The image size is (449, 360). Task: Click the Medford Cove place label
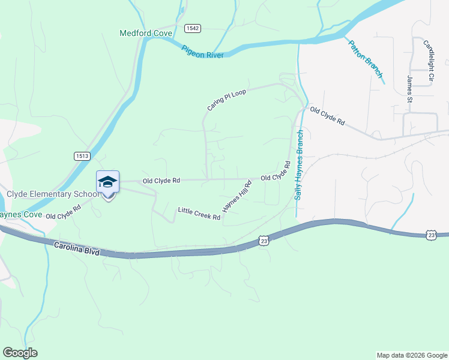coord(146,33)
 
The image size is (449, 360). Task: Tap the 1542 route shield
coord(193,28)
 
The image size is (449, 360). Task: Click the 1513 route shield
coord(82,156)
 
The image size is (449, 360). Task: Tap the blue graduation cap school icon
coord(108,182)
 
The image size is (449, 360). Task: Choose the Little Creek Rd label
coord(199,214)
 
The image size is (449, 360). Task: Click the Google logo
coord(20,353)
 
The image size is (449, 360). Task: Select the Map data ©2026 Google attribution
coord(412,355)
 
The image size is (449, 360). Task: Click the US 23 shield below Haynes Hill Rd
coord(264,241)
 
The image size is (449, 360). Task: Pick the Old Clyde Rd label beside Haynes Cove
coord(63,212)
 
